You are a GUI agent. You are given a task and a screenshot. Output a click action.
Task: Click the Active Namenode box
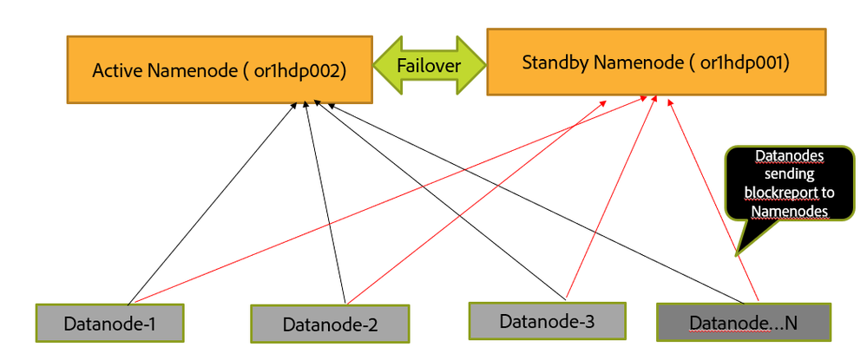tap(220, 69)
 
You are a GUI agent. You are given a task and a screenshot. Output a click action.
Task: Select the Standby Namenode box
tap(656, 62)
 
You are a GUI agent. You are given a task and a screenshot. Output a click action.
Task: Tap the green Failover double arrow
tap(430, 66)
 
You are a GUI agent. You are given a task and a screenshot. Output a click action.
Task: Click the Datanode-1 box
tap(109, 323)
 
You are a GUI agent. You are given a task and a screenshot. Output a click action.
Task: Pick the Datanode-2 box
tap(330, 324)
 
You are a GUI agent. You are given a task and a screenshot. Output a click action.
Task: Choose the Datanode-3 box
tap(548, 321)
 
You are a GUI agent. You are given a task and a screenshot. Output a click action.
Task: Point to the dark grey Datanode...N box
tap(744, 322)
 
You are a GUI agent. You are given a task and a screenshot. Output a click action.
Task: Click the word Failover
tap(429, 66)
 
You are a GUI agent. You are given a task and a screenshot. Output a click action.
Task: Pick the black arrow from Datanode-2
tap(325, 202)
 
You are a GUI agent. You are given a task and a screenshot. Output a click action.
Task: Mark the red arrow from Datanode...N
tap(714, 200)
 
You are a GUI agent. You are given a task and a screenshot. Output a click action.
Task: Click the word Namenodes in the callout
tap(790, 212)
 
